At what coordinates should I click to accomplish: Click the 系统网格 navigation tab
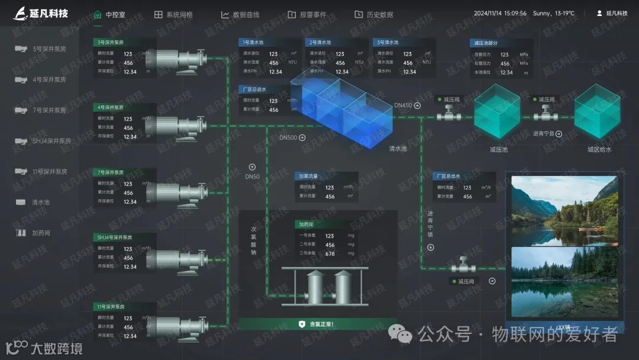pos(174,14)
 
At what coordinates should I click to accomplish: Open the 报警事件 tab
pos(307,14)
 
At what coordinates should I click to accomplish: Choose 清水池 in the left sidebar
pos(41,202)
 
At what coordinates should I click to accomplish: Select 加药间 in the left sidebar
pos(41,233)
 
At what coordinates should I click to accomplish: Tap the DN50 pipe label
pos(252,176)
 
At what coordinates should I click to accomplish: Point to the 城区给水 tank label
pos(599,149)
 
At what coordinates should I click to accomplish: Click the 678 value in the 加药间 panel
pos(330,254)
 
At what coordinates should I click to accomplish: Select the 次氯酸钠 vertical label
pos(253,240)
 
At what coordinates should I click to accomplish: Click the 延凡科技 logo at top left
pos(41,13)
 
